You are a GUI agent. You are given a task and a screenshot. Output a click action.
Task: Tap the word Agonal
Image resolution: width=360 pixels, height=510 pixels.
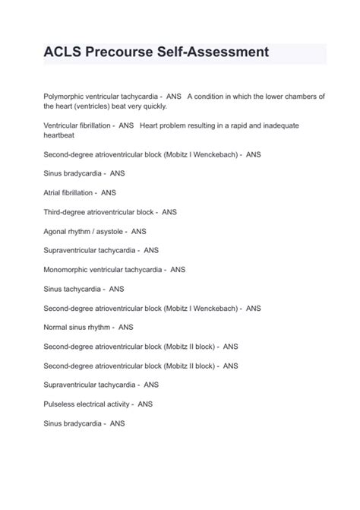click(x=56, y=231)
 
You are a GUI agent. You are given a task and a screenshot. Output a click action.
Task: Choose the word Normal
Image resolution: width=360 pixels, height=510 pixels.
click(x=55, y=327)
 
